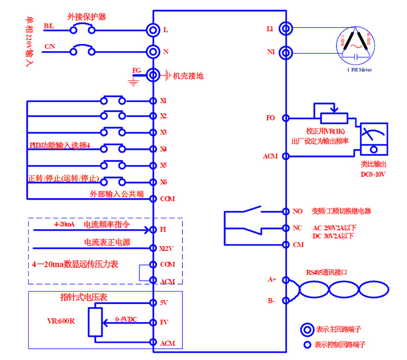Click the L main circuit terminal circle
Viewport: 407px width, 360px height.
click(x=153, y=29)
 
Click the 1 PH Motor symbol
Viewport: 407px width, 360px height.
click(x=355, y=46)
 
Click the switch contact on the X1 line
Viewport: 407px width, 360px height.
click(x=113, y=100)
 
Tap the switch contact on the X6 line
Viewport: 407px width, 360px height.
click(x=113, y=181)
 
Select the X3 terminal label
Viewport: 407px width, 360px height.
click(x=163, y=132)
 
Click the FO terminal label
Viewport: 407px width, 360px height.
click(x=271, y=118)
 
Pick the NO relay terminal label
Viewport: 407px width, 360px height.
click(x=297, y=211)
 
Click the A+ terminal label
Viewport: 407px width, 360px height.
click(x=272, y=279)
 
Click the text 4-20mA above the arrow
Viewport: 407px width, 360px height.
click(x=64, y=224)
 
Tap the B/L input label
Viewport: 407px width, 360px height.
click(x=49, y=26)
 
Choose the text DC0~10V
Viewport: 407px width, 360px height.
click(x=374, y=174)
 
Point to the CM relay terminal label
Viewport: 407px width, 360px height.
click(x=297, y=244)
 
